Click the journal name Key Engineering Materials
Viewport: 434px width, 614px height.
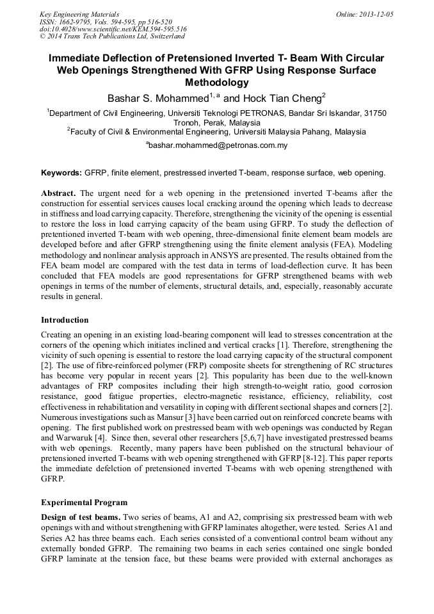coord(79,14)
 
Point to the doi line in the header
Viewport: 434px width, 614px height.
coord(113,29)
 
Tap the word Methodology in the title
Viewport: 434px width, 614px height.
coord(216,83)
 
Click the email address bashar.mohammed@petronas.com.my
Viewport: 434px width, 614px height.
coord(218,145)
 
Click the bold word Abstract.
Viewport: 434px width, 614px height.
coord(58,193)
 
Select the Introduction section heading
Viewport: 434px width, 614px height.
coord(65,320)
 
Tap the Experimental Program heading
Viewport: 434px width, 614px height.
coord(84,502)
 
